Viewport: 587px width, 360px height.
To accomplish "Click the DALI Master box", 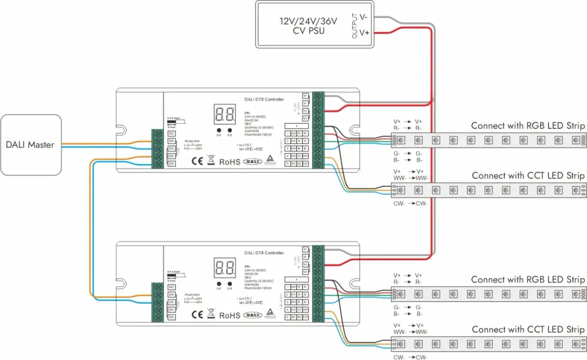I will click(x=30, y=145).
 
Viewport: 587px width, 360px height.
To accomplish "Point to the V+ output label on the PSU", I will click(x=364, y=33).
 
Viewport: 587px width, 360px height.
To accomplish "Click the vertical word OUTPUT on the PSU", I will click(x=354, y=26).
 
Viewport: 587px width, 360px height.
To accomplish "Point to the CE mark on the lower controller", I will click(x=198, y=315).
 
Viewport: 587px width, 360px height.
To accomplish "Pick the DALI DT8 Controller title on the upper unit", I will click(x=264, y=99).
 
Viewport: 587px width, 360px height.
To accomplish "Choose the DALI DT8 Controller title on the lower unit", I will click(x=264, y=253).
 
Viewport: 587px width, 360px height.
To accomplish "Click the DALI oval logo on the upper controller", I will click(x=252, y=162).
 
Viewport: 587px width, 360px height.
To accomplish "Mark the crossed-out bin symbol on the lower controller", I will click(x=211, y=315).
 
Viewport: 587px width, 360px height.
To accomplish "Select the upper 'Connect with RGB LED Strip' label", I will click(x=528, y=126).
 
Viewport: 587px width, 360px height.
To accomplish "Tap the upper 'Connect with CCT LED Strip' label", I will click(x=528, y=176).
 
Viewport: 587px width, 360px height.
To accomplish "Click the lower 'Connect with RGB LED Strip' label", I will click(x=528, y=280).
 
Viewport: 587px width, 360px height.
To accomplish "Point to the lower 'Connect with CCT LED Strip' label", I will click(x=528, y=330).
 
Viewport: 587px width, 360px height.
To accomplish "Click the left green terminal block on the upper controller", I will click(x=157, y=148).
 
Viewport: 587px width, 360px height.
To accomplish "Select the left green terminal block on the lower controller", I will click(x=157, y=301).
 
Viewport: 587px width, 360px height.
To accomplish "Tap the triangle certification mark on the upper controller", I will click(x=270, y=160).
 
